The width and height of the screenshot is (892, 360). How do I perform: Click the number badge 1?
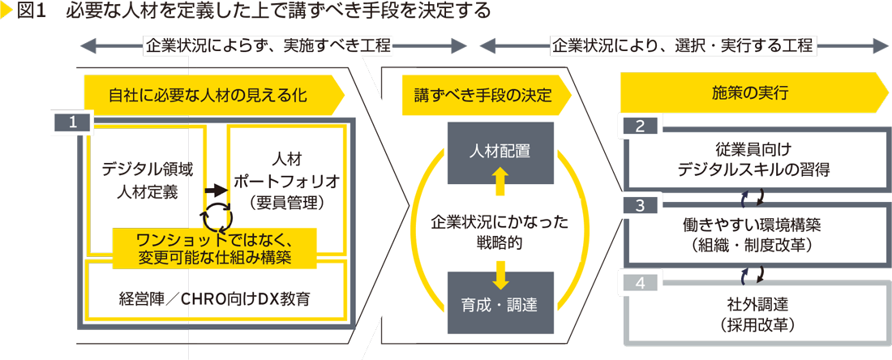[72, 122]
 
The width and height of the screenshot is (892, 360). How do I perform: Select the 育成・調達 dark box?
[500, 305]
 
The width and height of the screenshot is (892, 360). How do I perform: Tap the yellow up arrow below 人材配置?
[500, 181]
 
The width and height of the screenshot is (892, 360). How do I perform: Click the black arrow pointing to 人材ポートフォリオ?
[215, 189]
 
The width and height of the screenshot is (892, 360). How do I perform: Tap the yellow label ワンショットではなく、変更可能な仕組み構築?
[214, 247]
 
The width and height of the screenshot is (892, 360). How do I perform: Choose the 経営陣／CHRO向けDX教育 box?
[215, 298]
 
